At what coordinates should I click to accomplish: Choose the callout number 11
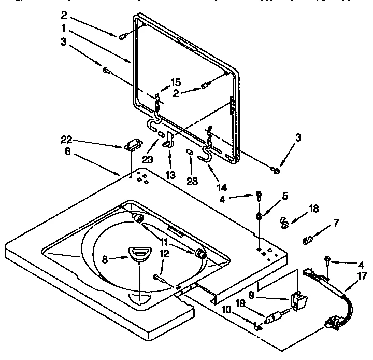pyautogui.click(x=164, y=242)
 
